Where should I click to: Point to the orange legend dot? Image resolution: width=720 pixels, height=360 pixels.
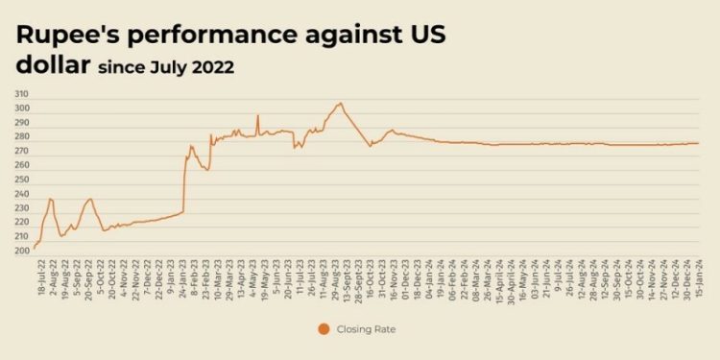pyautogui.click(x=324, y=329)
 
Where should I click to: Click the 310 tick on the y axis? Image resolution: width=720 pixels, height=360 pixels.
pyautogui.click(x=21, y=94)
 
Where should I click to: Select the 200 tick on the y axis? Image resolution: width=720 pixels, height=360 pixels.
pyautogui.click(x=21, y=252)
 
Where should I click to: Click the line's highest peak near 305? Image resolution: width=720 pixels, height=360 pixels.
pyautogui.click(x=340, y=103)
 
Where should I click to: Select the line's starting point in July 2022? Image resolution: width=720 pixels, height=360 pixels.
pyautogui.click(x=34, y=249)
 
